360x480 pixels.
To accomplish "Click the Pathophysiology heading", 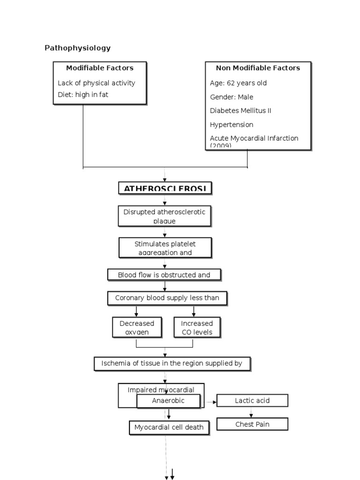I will pyautogui.click(x=77, y=48).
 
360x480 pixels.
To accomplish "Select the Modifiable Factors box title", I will pyautogui.click(x=99, y=68).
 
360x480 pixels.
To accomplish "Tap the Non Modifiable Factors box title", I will pyautogui.click(x=258, y=68).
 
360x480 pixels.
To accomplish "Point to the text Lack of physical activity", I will pyautogui.click(x=96, y=83).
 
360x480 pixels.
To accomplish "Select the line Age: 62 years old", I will pyautogui.click(x=238, y=83).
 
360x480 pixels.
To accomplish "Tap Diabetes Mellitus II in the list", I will pyautogui.click(x=240, y=111).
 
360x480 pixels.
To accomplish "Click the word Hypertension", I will pyautogui.click(x=232, y=125).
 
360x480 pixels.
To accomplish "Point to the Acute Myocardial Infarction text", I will pyautogui.click(x=254, y=139).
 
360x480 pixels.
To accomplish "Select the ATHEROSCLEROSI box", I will pyautogui.click(x=165, y=188).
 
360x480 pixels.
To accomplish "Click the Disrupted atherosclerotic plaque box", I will pyautogui.click(x=165, y=216).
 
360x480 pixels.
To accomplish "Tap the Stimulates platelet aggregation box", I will pyautogui.click(x=165, y=247).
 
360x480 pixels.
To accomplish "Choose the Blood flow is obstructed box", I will pyautogui.click(x=164, y=275).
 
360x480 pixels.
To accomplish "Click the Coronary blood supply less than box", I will pyautogui.click(x=167, y=298).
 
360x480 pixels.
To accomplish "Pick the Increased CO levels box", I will pyautogui.click(x=197, y=327).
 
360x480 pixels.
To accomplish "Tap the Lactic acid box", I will pyautogui.click(x=252, y=400).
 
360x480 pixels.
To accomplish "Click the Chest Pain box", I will pyautogui.click(x=252, y=424).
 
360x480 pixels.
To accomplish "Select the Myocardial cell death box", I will pyautogui.click(x=169, y=427).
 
